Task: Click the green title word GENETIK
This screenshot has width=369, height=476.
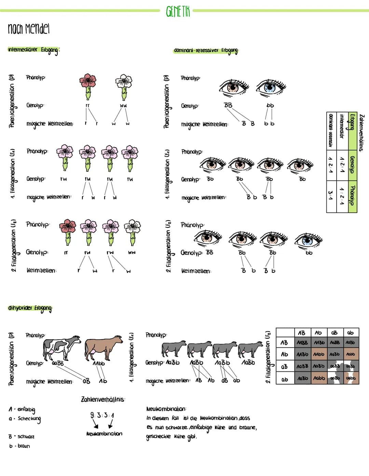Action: coord(177,11)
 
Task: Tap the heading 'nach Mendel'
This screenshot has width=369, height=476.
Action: coord(29,29)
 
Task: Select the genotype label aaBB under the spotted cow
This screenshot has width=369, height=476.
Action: coord(58,363)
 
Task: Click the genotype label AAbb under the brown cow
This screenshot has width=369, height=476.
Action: coord(99,363)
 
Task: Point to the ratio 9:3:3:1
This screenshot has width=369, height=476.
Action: coord(102,415)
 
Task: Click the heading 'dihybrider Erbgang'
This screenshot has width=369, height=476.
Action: coord(30,308)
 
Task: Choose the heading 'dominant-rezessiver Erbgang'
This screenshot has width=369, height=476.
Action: coord(206,51)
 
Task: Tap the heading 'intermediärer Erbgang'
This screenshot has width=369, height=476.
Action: coord(33,50)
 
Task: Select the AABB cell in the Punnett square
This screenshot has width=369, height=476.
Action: coord(302,342)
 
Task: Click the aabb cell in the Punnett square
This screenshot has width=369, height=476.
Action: coord(351,378)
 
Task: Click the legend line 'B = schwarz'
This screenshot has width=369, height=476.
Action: coord(22,436)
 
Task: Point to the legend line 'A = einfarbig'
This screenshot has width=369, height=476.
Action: coord(22,409)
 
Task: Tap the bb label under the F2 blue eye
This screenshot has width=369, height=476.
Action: coord(309,253)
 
